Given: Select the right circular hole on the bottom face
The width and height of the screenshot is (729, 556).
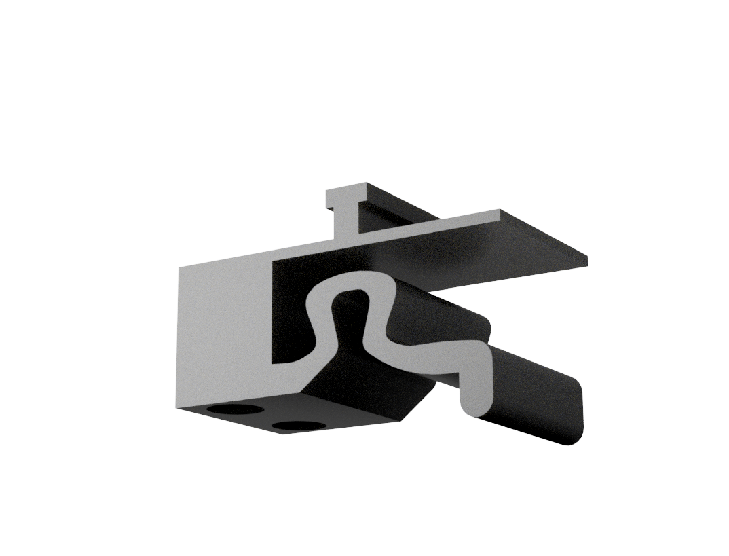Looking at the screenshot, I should pos(299,426).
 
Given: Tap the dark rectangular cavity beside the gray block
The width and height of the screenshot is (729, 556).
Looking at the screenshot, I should pos(288,312).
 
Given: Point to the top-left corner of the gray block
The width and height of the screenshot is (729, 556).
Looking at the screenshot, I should pos(179,269).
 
